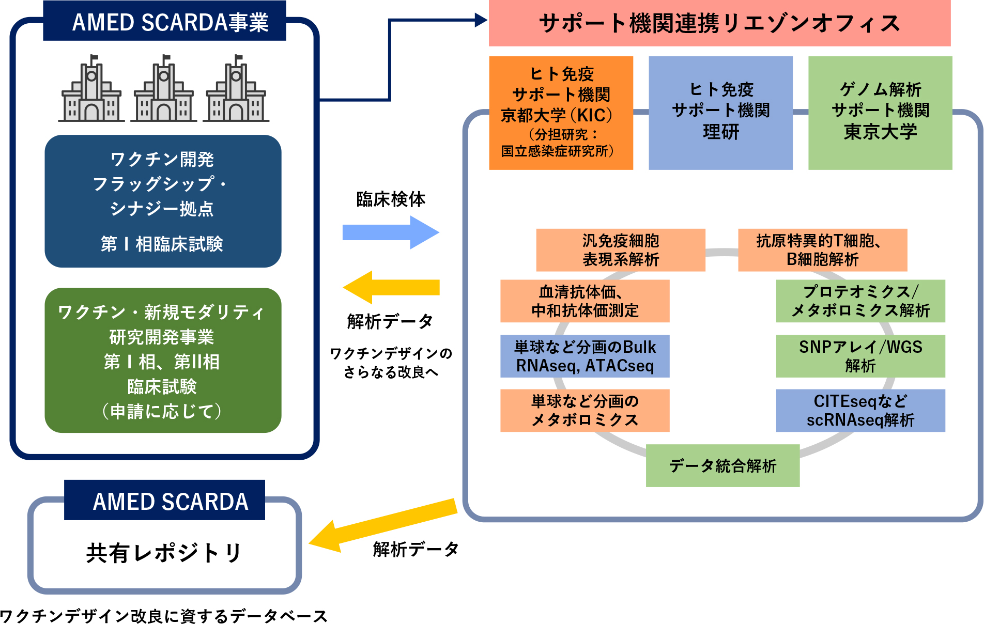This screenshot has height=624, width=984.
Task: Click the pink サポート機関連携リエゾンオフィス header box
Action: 719,23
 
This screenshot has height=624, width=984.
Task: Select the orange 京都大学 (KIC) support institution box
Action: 561,113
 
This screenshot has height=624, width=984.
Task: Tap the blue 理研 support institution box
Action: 720,113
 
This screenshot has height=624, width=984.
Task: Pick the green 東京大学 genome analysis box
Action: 880,113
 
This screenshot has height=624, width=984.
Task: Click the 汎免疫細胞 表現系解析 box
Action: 620,250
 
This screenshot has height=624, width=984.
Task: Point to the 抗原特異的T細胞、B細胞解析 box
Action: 822,250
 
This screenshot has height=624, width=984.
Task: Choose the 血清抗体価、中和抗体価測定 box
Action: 585,301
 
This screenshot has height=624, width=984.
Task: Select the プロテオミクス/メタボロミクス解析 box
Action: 860,301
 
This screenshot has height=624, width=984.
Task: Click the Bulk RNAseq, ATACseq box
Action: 585,356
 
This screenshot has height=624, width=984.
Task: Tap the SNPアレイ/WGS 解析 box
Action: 860,356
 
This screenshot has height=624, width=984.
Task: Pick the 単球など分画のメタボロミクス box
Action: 585,410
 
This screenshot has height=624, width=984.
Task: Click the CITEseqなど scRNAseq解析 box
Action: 860,410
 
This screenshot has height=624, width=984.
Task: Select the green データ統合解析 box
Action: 722,465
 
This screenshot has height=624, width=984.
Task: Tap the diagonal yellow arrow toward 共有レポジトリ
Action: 382,526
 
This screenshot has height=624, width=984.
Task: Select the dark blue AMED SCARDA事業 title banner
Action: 164,22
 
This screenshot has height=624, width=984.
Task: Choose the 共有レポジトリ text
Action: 164,553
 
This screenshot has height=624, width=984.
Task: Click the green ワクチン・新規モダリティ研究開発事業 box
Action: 163,360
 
